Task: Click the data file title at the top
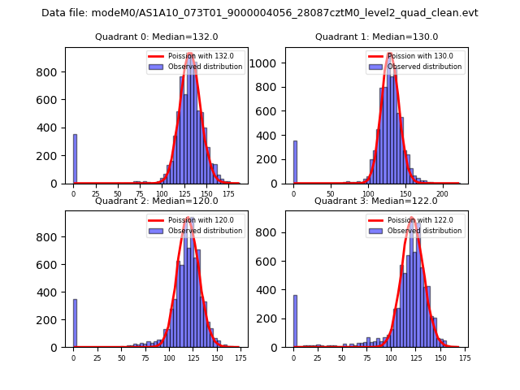260,13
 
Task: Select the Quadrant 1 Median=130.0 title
376,37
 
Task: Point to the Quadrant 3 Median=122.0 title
376,201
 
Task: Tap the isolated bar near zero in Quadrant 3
295,321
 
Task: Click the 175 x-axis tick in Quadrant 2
240,358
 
